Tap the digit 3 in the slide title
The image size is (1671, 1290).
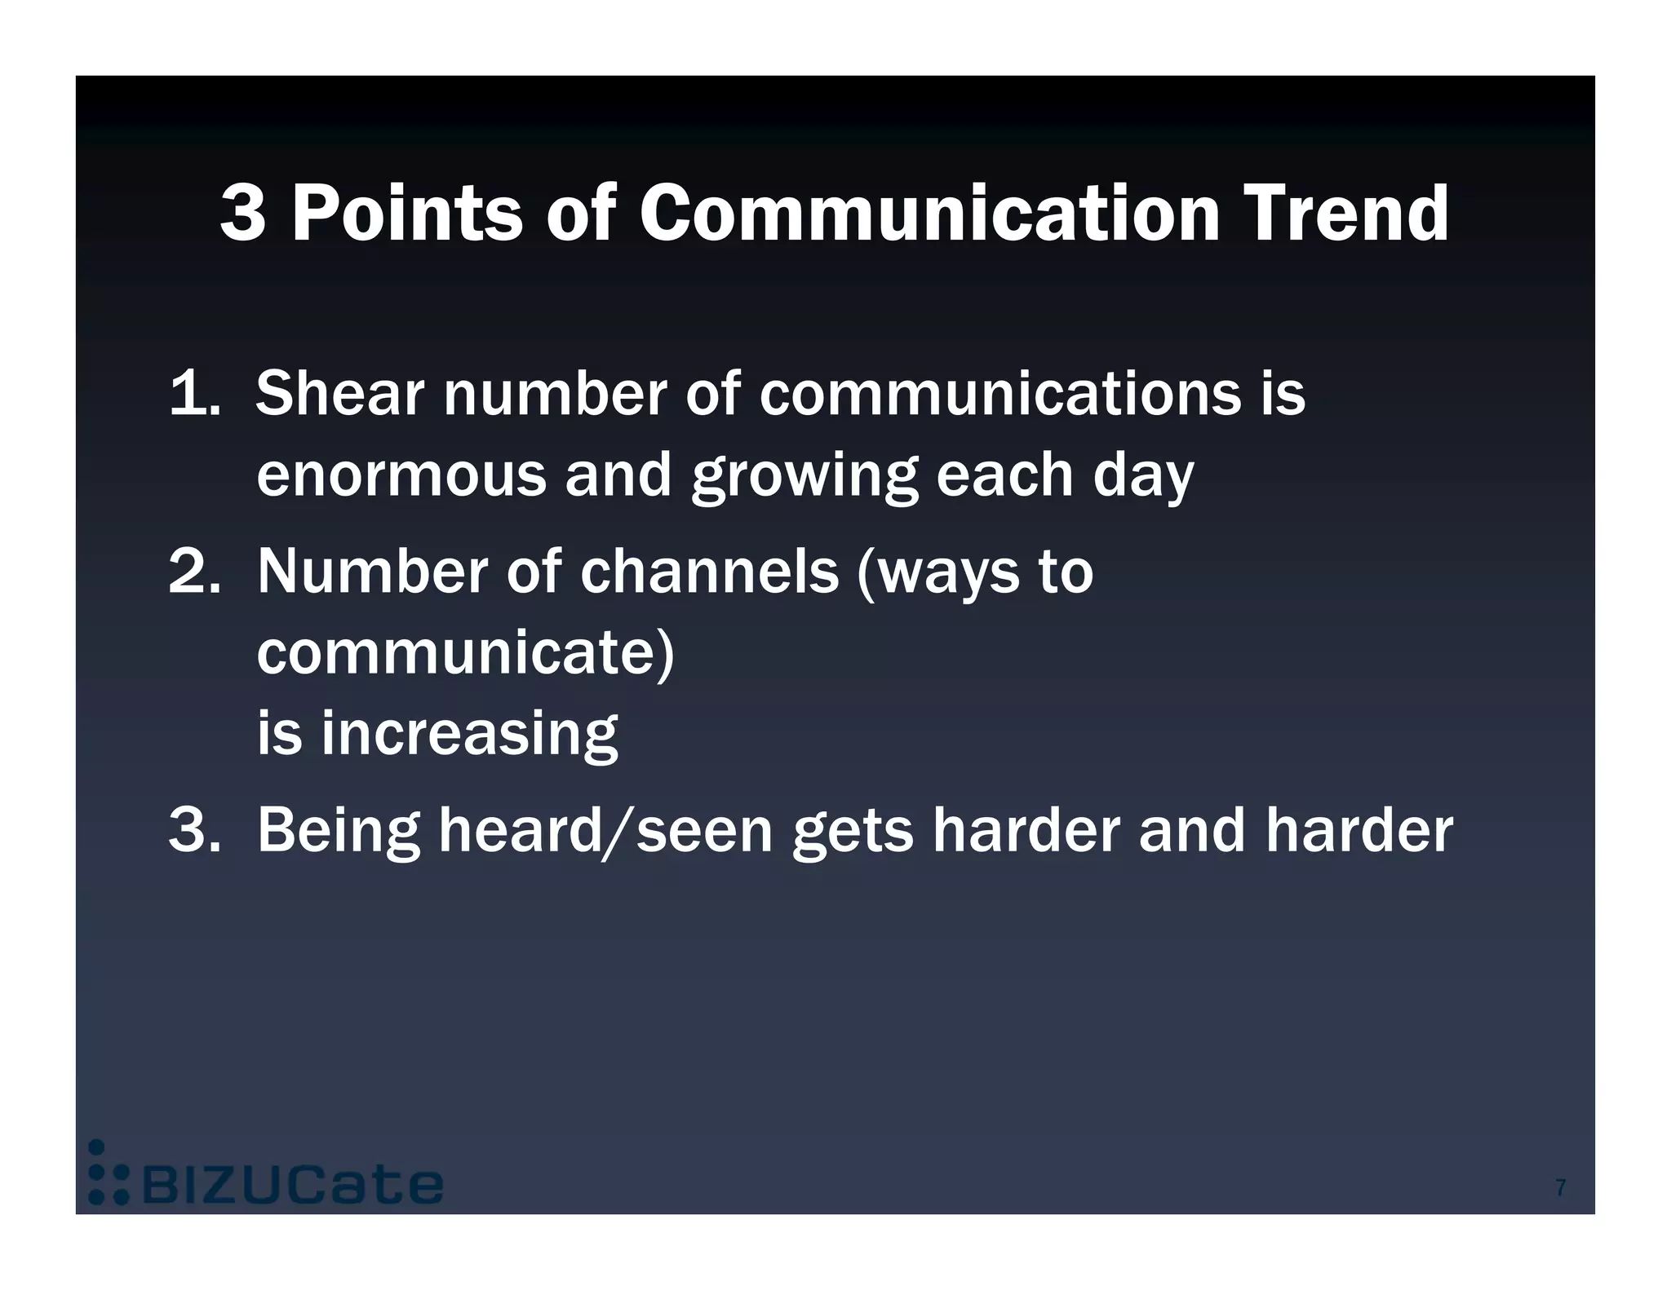pos(243,213)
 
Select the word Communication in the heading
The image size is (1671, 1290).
pos(929,213)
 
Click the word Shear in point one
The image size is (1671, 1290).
pos(339,393)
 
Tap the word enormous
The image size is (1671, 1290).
pos(401,475)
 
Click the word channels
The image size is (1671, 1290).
pos(709,571)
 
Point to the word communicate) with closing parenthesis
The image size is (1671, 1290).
pos(465,652)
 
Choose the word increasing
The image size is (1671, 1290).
pos(469,734)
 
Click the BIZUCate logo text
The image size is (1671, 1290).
pos(292,1186)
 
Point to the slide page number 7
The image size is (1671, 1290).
pos(1560,1188)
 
